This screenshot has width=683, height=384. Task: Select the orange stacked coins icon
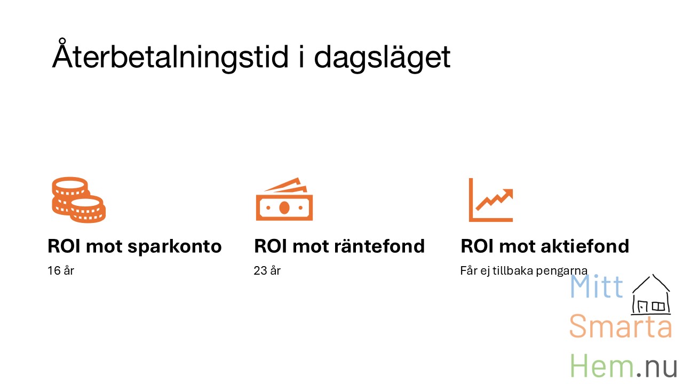pos(78,200)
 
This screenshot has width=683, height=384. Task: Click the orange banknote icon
pos(284,199)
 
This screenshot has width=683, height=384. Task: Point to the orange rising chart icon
pos(491,200)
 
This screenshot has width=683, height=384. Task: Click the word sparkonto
pos(174,246)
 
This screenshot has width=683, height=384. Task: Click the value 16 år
pos(61,270)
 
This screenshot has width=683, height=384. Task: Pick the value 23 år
pos(267,270)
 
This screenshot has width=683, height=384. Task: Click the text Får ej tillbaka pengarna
pos(523,271)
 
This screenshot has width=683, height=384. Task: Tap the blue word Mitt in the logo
pos(596,286)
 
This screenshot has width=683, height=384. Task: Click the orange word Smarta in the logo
pos(621,326)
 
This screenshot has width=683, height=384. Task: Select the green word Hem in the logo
pos(601,365)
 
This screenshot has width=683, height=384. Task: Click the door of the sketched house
pos(642,306)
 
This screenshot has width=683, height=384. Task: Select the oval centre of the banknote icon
pos(284,207)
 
